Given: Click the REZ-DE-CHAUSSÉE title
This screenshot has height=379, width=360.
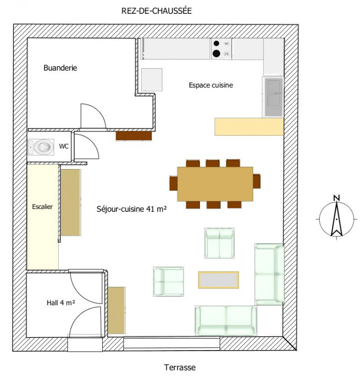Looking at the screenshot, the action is pyautogui.click(x=156, y=11).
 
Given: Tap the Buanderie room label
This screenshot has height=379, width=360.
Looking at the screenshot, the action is pyautogui.click(x=60, y=68).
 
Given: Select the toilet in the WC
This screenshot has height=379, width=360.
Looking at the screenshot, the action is pyautogui.click(x=41, y=147).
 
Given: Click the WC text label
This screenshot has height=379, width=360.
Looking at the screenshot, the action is pyautogui.click(x=64, y=146).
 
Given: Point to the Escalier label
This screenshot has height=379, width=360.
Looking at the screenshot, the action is pyautogui.click(x=42, y=207).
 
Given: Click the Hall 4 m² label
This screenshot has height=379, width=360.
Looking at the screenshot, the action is pyautogui.click(x=61, y=303).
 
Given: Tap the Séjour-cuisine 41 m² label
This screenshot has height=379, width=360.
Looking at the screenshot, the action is pyautogui.click(x=132, y=209).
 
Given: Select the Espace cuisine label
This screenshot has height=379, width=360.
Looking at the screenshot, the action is pyautogui.click(x=211, y=85).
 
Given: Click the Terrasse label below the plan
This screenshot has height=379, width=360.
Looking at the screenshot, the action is pyautogui.click(x=180, y=368).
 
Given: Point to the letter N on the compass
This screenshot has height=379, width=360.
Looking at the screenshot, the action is pyautogui.click(x=337, y=198).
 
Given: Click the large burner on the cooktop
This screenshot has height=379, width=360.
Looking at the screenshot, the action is pyautogui.click(x=216, y=54).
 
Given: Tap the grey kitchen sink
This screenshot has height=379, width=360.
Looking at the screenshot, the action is pyautogui.click(x=274, y=97).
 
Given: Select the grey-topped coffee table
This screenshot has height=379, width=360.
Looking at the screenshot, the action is pyautogui.click(x=218, y=280).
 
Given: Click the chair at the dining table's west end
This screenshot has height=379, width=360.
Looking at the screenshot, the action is pyautogui.click(x=173, y=183).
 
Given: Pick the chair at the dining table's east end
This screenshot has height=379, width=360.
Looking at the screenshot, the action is pyautogui.click(x=257, y=181).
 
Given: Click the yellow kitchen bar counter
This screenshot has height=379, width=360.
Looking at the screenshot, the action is pyautogui.click(x=249, y=126).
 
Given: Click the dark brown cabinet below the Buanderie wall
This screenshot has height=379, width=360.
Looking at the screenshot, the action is pyautogui.click(x=134, y=136).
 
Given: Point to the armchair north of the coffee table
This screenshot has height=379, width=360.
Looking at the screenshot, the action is pyautogui.click(x=219, y=243).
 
